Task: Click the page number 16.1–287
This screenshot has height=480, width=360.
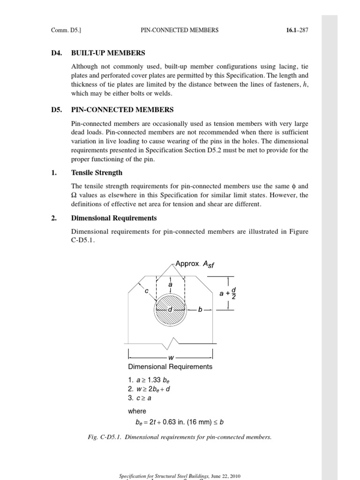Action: click(297, 30)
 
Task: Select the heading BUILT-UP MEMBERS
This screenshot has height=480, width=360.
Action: click(108, 53)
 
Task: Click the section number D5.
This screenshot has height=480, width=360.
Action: click(56, 110)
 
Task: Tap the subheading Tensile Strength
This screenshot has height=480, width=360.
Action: click(97, 172)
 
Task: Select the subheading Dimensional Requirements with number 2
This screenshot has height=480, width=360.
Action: click(113, 218)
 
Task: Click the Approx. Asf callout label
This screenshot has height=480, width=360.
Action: click(196, 264)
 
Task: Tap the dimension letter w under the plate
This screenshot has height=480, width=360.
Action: click(171, 358)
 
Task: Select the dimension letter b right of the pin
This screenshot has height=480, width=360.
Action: click(200, 310)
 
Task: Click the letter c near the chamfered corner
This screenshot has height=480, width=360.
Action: click(147, 291)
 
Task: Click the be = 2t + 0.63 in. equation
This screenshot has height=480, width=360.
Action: click(180, 422)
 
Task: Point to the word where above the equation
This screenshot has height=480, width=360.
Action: click(137, 411)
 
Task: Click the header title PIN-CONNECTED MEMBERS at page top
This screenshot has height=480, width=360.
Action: click(180, 30)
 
